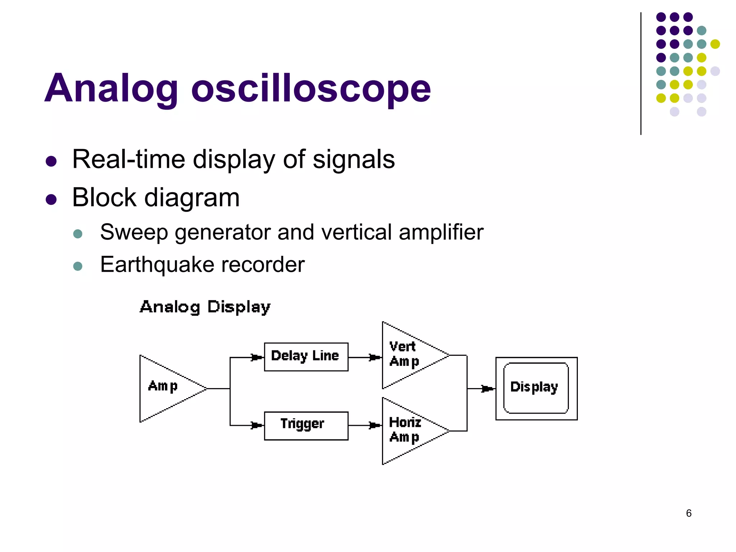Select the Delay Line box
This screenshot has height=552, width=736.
[x=306, y=356]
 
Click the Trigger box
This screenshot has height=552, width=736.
[x=306, y=425]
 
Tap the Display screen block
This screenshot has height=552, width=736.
[x=536, y=388]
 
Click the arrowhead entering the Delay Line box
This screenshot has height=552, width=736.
[x=257, y=357]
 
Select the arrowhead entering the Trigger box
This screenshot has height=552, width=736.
[x=257, y=425]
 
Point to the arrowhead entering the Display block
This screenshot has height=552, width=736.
[x=487, y=388]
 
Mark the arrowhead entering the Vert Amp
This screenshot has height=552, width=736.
[x=375, y=357]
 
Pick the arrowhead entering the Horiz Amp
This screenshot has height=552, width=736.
[x=375, y=425]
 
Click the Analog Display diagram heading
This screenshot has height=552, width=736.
[x=205, y=307]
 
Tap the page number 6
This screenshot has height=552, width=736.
[x=689, y=513]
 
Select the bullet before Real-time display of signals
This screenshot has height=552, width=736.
[x=51, y=161]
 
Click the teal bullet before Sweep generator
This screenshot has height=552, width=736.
[x=78, y=234]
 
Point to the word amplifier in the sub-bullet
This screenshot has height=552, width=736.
[x=441, y=232]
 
